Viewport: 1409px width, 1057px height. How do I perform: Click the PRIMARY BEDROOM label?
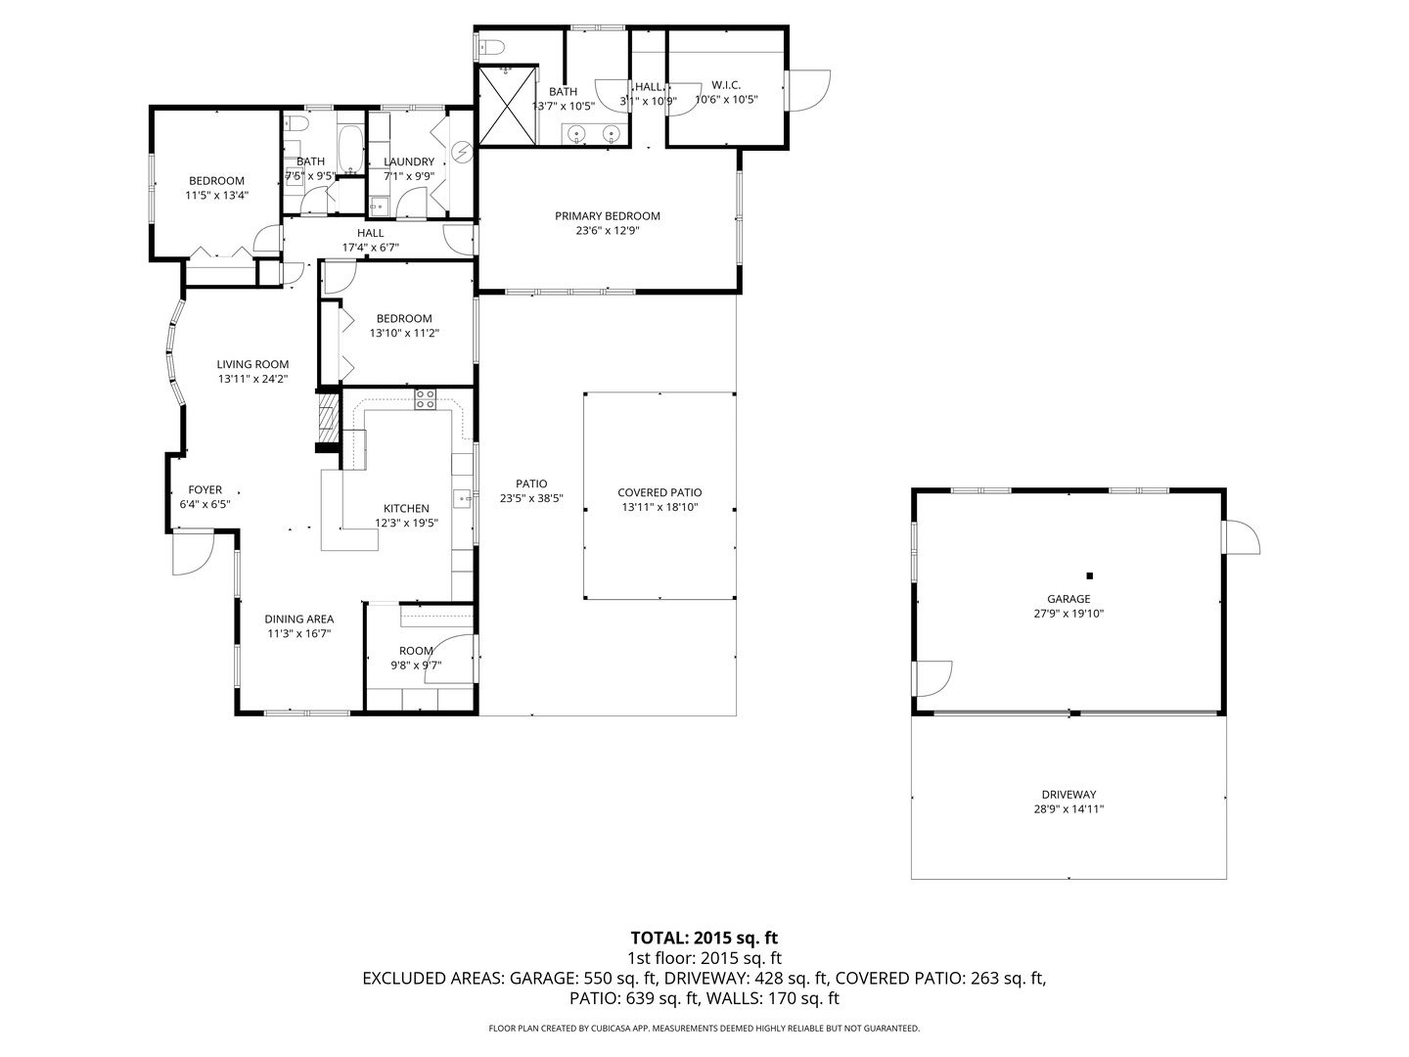tap(607, 216)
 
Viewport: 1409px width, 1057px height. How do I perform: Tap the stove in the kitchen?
tap(426, 399)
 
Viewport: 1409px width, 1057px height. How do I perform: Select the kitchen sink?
tap(463, 499)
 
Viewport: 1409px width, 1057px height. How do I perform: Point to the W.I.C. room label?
tap(726, 85)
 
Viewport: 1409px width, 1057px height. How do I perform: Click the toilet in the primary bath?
tap(490, 46)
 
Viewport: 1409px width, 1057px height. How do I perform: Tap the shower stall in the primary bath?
tap(506, 106)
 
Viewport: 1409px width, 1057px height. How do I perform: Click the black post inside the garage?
tap(1089, 575)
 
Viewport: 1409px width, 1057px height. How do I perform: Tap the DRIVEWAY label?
tap(1068, 795)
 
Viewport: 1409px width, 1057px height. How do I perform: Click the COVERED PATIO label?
tap(659, 493)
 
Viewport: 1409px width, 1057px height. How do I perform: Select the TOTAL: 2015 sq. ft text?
tap(704, 938)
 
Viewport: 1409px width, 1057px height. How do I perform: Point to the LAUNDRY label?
tap(409, 162)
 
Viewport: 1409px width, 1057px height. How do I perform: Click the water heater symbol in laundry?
tap(462, 153)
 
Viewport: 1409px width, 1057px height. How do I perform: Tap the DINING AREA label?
tap(299, 619)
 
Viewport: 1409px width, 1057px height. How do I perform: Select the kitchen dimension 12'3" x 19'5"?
tap(406, 523)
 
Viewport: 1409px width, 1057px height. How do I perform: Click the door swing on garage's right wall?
tap(1241, 537)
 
